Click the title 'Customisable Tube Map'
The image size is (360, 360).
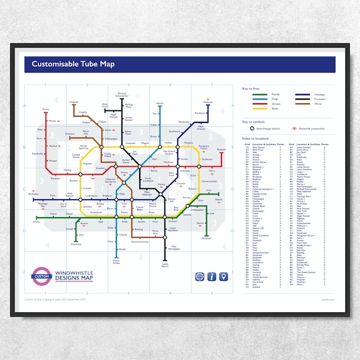tap(73, 64)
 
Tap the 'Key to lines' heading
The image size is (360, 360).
tap(253, 88)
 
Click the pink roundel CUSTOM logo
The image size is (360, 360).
tap(41, 275)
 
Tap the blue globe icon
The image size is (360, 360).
tap(200, 277)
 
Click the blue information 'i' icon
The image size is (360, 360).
tap(211, 277)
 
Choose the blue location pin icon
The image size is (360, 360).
tap(223, 277)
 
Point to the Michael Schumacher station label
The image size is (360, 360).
tap(122, 95)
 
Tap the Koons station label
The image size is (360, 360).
tap(46, 109)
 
